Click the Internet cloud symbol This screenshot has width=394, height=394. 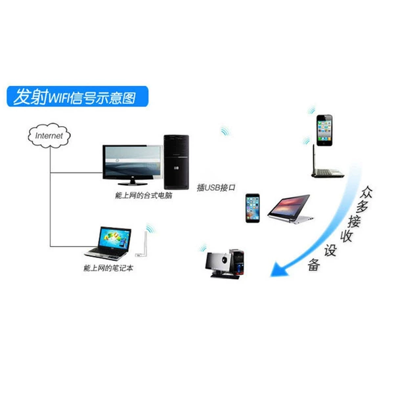[x=49, y=135]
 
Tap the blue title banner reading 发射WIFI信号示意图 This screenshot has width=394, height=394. [x=77, y=97]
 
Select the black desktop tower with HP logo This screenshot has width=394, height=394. [x=177, y=162]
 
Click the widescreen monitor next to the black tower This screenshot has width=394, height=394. [x=133, y=165]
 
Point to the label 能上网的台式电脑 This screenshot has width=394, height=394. [x=143, y=196]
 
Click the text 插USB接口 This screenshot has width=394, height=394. [x=216, y=187]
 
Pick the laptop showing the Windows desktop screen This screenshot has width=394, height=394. [x=108, y=243]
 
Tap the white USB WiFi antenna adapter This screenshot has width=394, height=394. [x=142, y=244]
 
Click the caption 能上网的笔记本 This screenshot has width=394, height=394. [x=108, y=268]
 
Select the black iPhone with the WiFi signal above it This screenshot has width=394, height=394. [x=324, y=130]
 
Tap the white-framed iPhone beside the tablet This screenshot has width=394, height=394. [x=253, y=208]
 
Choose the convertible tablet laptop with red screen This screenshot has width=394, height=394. [x=290, y=208]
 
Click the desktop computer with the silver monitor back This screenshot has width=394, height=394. [x=225, y=264]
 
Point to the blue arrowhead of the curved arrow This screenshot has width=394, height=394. [x=279, y=270]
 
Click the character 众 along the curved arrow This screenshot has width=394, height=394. [x=366, y=192]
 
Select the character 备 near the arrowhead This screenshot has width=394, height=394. [x=314, y=265]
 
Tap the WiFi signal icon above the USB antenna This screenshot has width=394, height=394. [x=150, y=228]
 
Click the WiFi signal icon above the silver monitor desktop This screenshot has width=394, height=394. [x=203, y=248]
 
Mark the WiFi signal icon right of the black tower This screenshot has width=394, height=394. [x=225, y=131]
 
